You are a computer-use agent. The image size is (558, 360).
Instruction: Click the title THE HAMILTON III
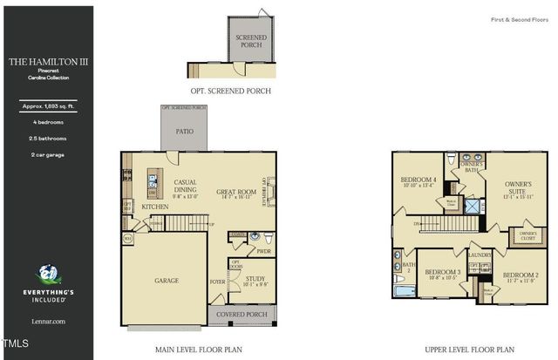click(x=46, y=62)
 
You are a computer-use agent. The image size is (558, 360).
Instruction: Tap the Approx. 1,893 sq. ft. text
click(x=46, y=105)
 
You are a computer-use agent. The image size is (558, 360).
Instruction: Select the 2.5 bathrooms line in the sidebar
click(x=46, y=138)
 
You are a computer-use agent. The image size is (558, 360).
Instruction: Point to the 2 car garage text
click(x=46, y=154)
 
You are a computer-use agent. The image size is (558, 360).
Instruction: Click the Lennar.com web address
click(x=46, y=322)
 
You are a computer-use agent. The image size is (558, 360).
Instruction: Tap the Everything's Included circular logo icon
click(x=46, y=275)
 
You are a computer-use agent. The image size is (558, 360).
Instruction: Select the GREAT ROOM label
click(x=235, y=192)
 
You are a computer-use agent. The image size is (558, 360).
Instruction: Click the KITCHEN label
click(x=155, y=207)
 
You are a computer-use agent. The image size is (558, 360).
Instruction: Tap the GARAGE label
click(x=166, y=281)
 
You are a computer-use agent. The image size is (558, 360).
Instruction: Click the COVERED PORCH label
click(x=241, y=314)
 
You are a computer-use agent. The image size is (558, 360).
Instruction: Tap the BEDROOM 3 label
click(x=442, y=272)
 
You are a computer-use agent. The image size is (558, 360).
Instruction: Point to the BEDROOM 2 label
click(x=520, y=275)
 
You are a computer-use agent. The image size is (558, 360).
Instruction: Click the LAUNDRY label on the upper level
click(x=480, y=255)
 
